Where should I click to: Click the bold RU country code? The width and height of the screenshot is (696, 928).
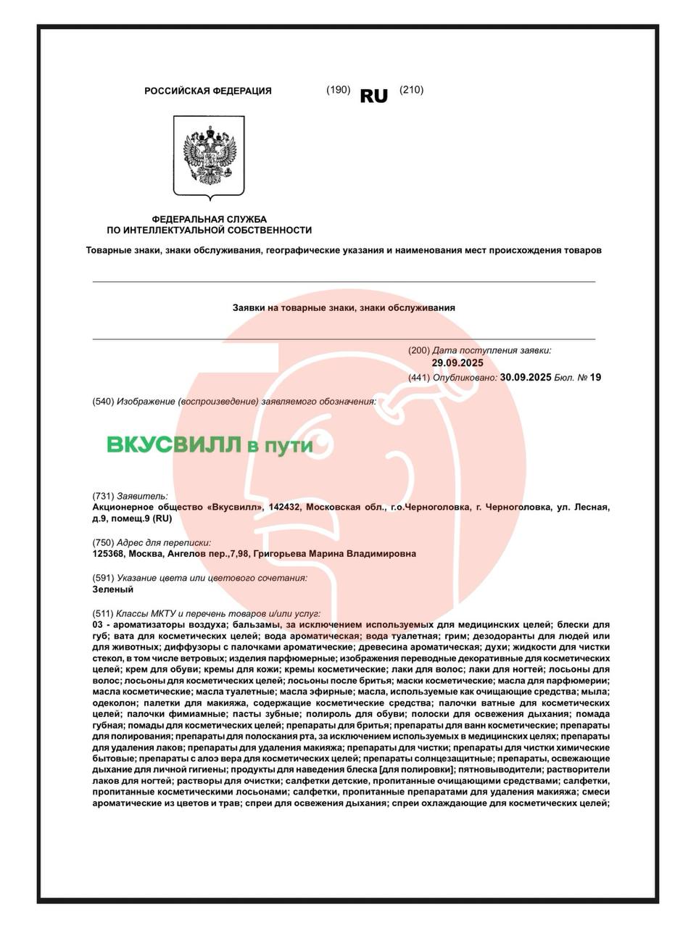coord(374,96)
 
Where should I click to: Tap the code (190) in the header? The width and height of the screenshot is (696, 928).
coord(339,90)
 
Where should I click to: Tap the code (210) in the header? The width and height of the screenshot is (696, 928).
coord(411,90)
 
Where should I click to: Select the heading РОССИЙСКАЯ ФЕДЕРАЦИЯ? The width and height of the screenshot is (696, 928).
coord(208,91)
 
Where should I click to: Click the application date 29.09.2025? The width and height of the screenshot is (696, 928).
coord(457,363)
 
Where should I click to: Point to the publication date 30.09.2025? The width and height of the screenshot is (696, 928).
coord(526,377)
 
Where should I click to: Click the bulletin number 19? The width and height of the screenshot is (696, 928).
coord(596,377)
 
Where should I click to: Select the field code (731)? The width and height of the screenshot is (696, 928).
coord(104,496)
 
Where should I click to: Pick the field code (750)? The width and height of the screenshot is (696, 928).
coord(104,542)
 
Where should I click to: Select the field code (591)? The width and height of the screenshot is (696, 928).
coord(104,578)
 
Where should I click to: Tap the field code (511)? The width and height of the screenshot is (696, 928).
coord(104,613)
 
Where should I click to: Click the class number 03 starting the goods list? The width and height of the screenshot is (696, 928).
coord(99,624)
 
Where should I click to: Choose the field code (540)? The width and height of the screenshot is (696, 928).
coord(104,401)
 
